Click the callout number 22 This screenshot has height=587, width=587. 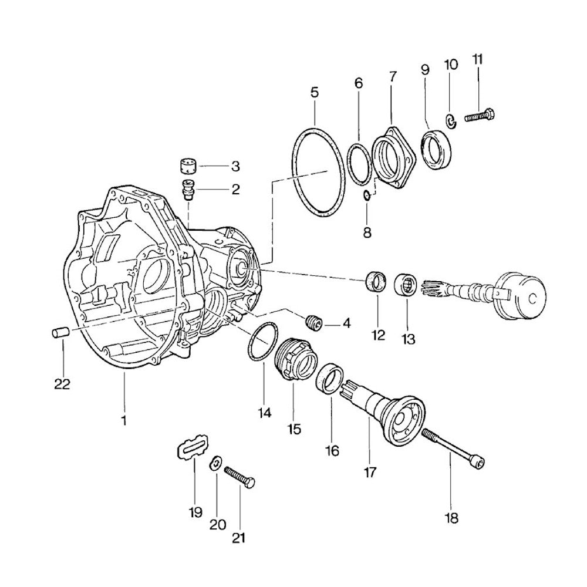pyautogui.click(x=62, y=384)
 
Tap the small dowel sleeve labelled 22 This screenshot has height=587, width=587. pyautogui.click(x=60, y=333)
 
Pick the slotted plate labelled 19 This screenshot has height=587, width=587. pyautogui.click(x=192, y=448)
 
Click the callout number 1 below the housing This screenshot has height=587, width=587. pyautogui.click(x=124, y=420)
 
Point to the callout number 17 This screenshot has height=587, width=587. pyautogui.click(x=370, y=471)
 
